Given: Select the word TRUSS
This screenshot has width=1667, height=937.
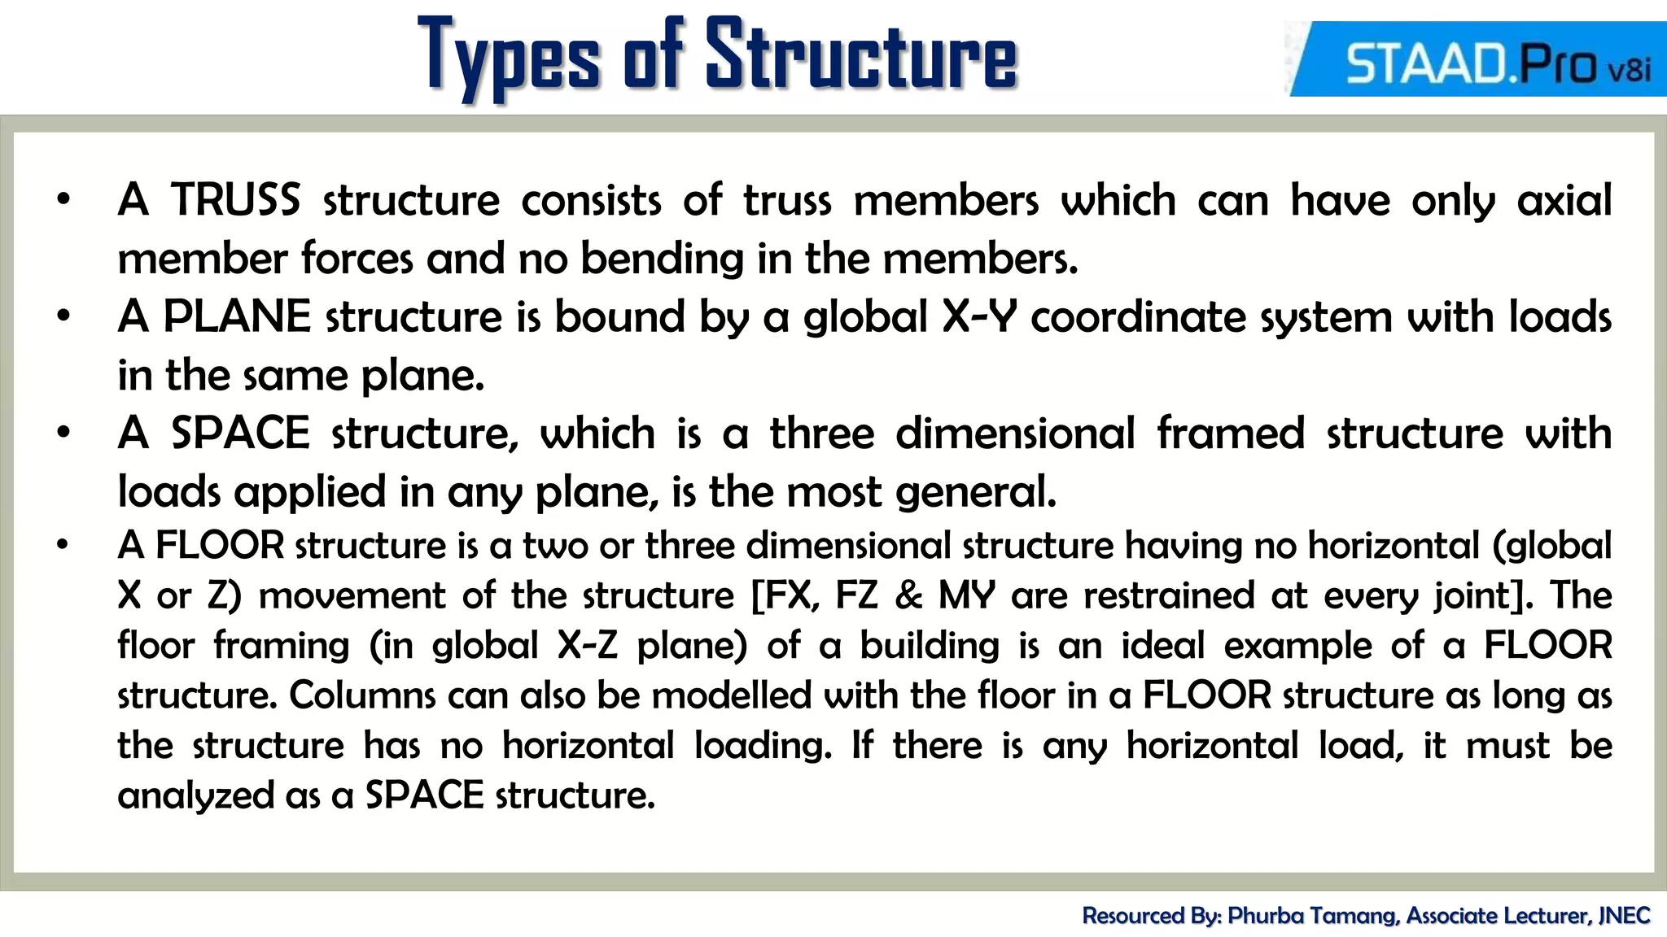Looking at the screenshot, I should click(x=235, y=200).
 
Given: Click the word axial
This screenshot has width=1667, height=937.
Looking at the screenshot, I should click(x=1564, y=200).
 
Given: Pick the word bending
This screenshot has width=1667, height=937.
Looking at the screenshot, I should click(x=662, y=259).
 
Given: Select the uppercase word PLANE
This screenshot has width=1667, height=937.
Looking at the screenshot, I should click(x=237, y=316).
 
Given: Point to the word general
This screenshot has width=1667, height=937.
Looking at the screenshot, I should click(x=975, y=492).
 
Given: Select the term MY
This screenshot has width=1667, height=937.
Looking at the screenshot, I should click(x=967, y=595).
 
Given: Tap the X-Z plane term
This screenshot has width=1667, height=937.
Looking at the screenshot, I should click(x=587, y=646).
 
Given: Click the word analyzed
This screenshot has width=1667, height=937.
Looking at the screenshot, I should click(x=195, y=795).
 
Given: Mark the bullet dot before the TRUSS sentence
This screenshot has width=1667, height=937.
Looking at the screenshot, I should click(x=63, y=200).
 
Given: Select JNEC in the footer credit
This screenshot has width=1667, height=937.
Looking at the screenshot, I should click(x=1624, y=916).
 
